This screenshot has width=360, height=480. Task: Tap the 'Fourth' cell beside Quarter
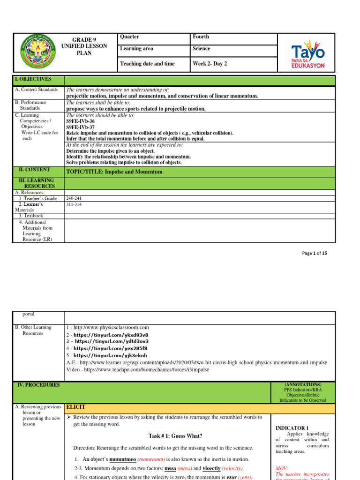[201, 37]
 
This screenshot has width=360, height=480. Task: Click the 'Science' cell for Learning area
[201, 49]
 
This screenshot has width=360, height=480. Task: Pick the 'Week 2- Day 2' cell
[210, 64]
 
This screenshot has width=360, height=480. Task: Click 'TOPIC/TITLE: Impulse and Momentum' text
[114, 172]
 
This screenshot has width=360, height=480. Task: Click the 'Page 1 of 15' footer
[315, 253]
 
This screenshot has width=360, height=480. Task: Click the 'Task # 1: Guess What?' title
[167, 436]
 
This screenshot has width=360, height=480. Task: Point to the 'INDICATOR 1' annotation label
[292, 428]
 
